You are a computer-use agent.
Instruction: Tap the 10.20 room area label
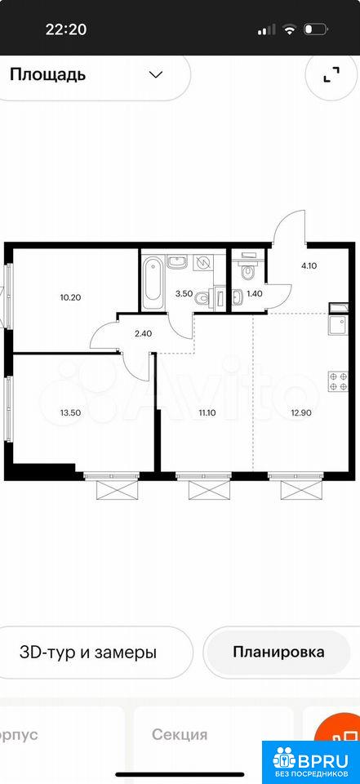pyautogui.click(x=70, y=297)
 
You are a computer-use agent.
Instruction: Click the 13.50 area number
pyautogui.click(x=69, y=413)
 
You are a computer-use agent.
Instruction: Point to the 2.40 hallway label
pyautogui.click(x=143, y=332)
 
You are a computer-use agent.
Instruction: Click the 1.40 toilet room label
pyautogui.click(x=255, y=294)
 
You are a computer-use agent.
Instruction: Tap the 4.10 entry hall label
pyautogui.click(x=309, y=266)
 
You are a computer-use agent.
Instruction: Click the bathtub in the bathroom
pyautogui.click(x=152, y=283)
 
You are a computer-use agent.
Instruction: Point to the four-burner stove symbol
pyautogui.click(x=338, y=381)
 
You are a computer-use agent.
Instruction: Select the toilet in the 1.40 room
pyautogui.click(x=247, y=269)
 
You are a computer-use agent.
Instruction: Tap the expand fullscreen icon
pyautogui.click(x=331, y=74)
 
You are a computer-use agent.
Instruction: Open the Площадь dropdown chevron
pyautogui.click(x=156, y=75)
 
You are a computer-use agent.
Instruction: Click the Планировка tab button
pyautogui.click(x=278, y=652)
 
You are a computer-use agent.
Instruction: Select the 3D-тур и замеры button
pyautogui.click(x=87, y=653)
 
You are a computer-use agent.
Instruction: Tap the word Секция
pyautogui.click(x=180, y=734)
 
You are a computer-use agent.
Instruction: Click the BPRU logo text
pyautogui.click(x=324, y=759)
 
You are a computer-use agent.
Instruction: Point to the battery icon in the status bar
pyautogui.click(x=315, y=29)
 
